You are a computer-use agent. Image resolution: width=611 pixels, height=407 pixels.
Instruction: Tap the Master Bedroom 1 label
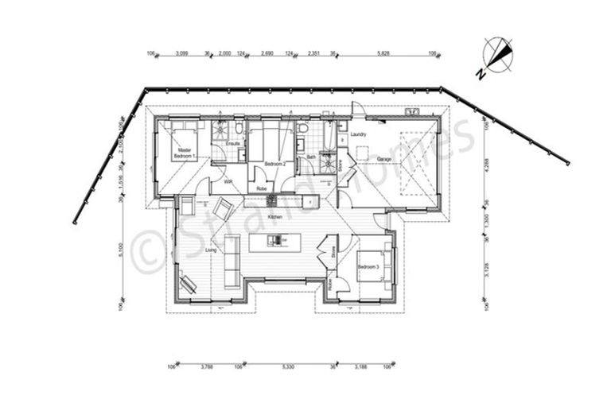[184, 153]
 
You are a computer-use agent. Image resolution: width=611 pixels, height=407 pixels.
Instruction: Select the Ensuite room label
[233, 143]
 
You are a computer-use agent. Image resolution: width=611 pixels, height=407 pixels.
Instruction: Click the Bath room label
[311, 157]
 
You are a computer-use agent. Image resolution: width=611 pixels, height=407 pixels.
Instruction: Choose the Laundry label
[359, 134]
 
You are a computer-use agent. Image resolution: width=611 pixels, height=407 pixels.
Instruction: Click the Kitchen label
[275, 216]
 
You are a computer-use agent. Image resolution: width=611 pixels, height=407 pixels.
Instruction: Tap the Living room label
[211, 250]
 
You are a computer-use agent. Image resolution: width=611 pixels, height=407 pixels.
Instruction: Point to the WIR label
[228, 182]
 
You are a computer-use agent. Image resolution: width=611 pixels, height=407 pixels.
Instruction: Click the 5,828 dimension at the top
[383, 54]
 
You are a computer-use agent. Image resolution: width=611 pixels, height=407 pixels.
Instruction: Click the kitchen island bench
[275, 242]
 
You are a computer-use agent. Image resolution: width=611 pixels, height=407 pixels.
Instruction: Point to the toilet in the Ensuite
[238, 128]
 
